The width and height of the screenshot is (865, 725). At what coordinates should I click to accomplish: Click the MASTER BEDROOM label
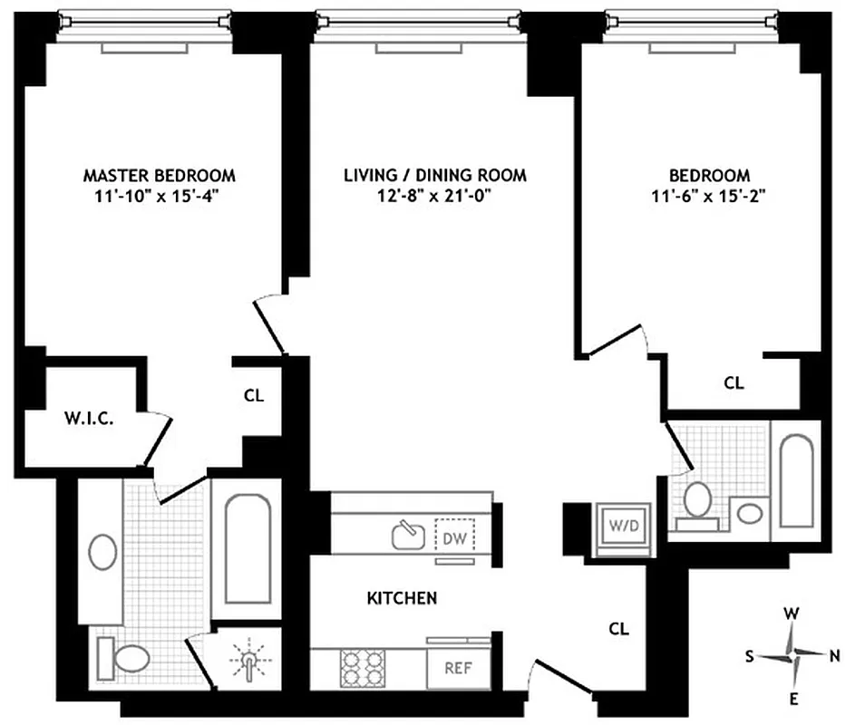(159, 175)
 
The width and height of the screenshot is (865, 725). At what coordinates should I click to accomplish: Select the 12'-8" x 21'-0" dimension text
(434, 195)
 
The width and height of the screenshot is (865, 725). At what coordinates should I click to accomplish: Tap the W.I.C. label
(88, 420)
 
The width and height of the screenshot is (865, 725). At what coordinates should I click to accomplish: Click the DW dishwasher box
(453, 536)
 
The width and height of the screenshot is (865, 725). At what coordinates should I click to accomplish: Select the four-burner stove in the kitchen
(361, 669)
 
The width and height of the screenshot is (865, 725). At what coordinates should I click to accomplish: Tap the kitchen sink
(409, 535)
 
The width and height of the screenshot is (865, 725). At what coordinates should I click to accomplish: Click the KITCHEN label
(402, 598)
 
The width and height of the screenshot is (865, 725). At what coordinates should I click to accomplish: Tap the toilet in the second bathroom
(697, 503)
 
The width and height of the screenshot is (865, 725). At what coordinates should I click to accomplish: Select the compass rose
(791, 655)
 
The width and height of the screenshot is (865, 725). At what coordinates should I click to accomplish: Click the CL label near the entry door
(618, 628)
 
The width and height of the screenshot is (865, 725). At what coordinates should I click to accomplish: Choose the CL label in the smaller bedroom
(734, 383)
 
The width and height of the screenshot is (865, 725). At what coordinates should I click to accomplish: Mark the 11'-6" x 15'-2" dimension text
(710, 195)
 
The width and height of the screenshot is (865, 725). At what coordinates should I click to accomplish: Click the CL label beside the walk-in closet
(254, 395)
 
